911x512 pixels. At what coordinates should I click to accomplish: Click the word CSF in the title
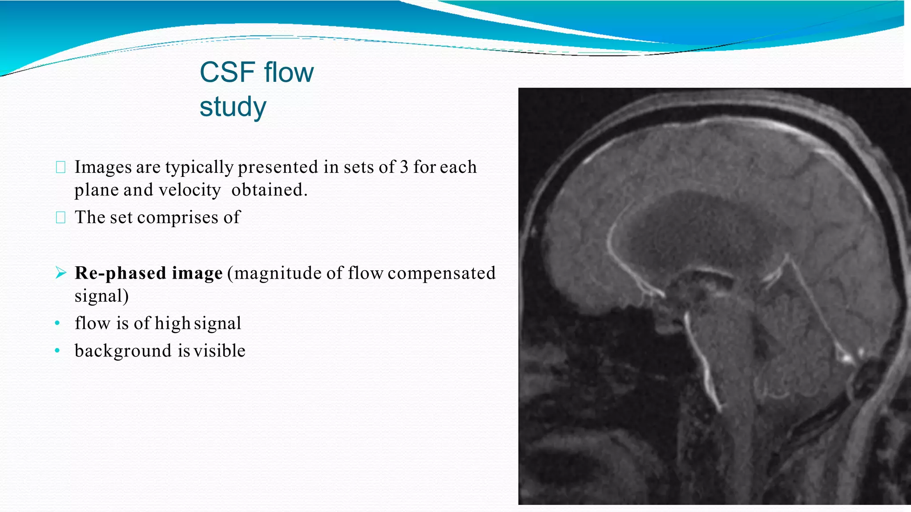(228, 72)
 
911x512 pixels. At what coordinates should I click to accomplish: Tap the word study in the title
(233, 107)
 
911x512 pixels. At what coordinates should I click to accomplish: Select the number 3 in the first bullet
(404, 167)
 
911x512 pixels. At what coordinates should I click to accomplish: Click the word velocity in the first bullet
(189, 190)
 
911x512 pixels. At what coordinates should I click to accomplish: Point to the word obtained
(269, 190)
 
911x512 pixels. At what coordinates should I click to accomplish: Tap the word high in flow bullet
(173, 323)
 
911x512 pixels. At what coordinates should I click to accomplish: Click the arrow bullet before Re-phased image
(61, 272)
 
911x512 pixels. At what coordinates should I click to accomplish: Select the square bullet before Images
(61, 168)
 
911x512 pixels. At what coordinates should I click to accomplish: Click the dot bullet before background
(57, 351)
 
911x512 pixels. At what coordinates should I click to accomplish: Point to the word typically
(199, 168)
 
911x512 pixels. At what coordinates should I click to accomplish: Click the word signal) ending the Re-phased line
(101, 296)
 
